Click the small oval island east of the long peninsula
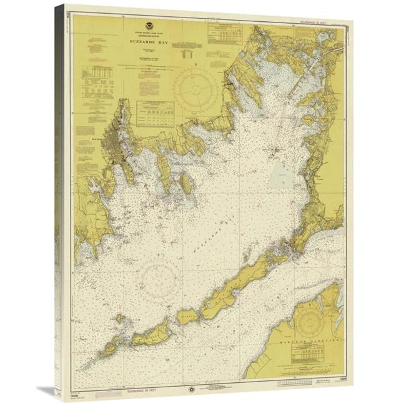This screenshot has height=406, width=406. pyautogui.click(x=186, y=183)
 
